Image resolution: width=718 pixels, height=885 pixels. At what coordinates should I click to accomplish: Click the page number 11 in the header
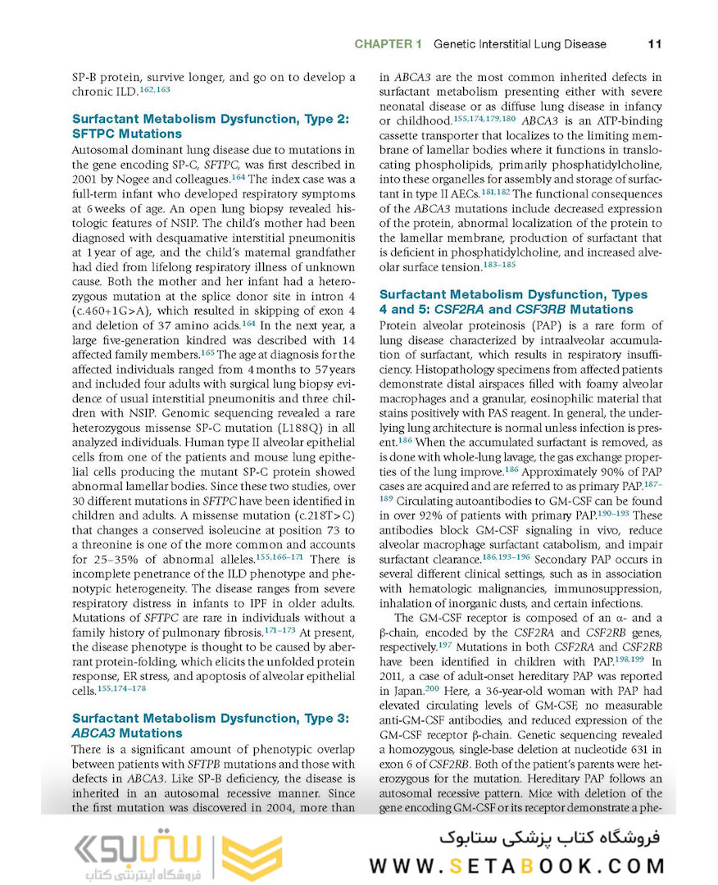pos(654,43)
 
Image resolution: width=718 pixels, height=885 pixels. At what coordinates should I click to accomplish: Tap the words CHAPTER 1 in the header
pos(388,43)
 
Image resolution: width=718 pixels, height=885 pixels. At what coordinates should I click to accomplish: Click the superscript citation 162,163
pos(153,89)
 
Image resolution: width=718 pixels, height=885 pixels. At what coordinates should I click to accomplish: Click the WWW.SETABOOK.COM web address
pos(517,865)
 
